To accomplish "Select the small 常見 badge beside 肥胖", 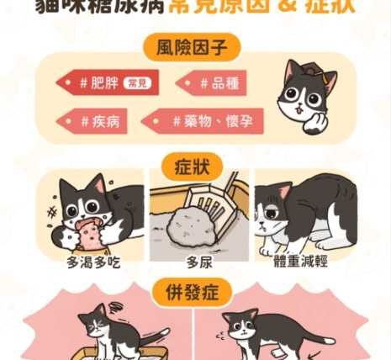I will (x=135, y=83).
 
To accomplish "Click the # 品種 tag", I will (x=216, y=83).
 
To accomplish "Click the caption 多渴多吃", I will (x=93, y=263).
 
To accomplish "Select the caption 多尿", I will (x=197, y=263).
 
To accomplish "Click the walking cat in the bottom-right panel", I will (x=252, y=332).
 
